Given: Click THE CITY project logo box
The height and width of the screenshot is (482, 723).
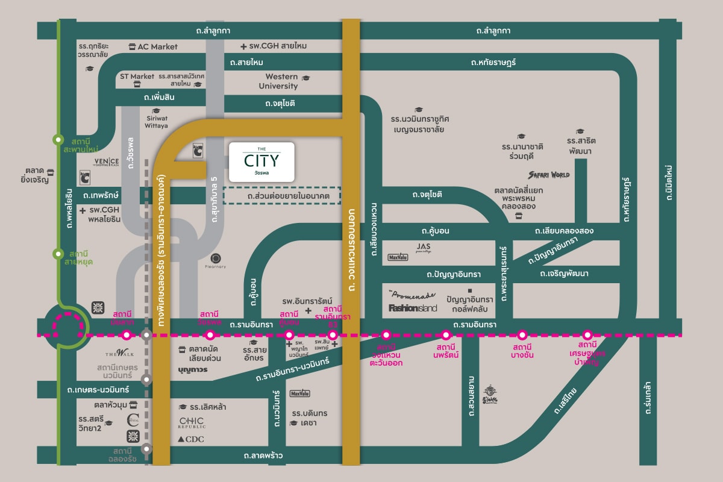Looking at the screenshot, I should [261, 161].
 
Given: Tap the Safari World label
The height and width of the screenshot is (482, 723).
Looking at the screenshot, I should [548, 175].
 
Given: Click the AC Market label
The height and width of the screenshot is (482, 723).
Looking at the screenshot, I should [152, 46].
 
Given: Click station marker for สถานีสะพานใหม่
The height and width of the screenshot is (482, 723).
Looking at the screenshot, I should [58, 139].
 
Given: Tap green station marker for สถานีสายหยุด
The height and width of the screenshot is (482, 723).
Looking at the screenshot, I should [58, 253].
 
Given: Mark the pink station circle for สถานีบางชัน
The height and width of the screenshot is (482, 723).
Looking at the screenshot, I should [522, 334].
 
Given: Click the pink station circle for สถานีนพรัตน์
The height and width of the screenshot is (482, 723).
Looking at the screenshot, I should [446, 334].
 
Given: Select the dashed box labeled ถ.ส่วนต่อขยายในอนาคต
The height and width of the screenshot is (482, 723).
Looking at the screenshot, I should [281, 196].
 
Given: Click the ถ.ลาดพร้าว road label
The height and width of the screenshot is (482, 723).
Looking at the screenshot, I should [263, 455].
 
